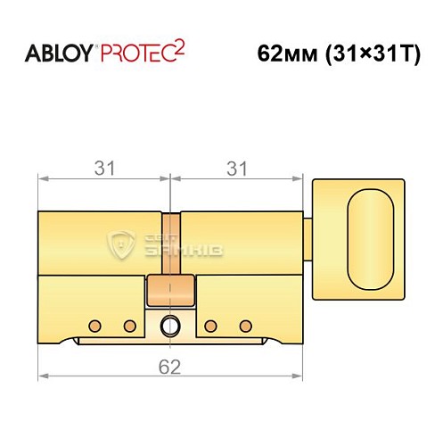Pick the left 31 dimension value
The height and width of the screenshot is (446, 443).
tap(103, 167)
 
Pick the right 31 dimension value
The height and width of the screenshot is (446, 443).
tap(235, 167)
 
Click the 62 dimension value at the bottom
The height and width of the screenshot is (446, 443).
tap(170, 366)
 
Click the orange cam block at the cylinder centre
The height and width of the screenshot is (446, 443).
tap(170, 290)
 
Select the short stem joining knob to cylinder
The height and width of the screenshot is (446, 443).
tap(308, 239)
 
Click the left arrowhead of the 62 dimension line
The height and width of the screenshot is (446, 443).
tap(42, 377)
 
